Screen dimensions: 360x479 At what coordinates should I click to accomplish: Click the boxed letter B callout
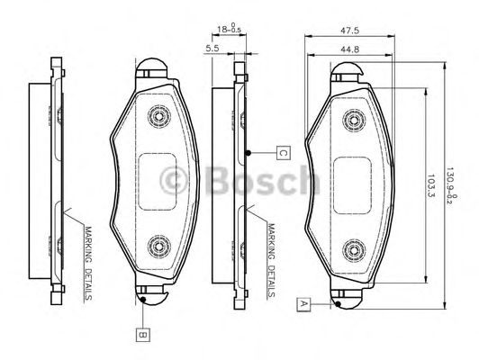(x=142, y=336)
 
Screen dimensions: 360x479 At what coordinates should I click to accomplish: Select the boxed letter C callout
(x=281, y=152)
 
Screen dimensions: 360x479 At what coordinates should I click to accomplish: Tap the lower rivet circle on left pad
(x=160, y=244)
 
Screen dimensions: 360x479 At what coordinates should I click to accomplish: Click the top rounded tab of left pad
(x=152, y=68)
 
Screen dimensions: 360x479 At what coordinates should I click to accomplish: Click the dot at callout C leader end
(x=249, y=152)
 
